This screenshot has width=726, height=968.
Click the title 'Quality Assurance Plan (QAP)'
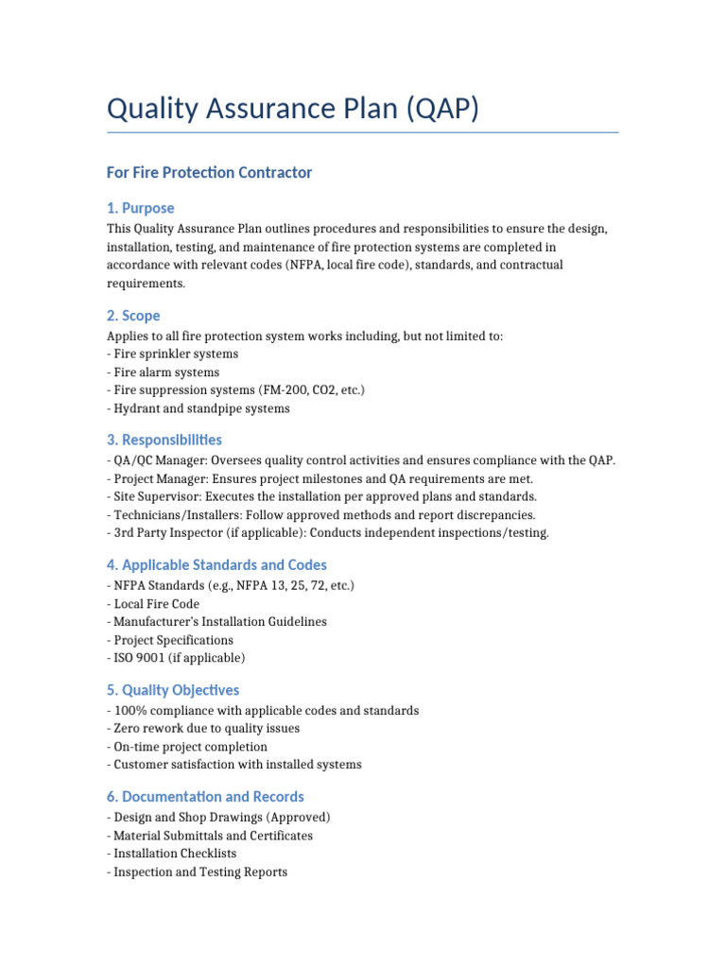(293, 110)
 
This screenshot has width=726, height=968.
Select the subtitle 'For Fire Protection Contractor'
(209, 172)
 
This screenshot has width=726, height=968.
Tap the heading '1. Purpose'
(140, 208)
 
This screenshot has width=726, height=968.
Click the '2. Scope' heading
(133, 316)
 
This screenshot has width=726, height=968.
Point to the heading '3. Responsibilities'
(164, 440)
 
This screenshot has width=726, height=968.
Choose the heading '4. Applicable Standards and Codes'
(216, 564)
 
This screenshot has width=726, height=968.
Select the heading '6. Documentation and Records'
(205, 797)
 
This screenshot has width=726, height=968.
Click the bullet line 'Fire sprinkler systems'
(176, 354)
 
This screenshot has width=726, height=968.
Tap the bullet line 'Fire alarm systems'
(166, 372)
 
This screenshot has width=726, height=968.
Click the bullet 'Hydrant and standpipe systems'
(201, 409)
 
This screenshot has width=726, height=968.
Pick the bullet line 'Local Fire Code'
(156, 603)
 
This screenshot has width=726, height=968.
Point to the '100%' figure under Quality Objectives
(129, 710)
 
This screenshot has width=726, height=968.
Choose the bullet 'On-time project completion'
(190, 747)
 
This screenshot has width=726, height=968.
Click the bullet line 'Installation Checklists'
(175, 854)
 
